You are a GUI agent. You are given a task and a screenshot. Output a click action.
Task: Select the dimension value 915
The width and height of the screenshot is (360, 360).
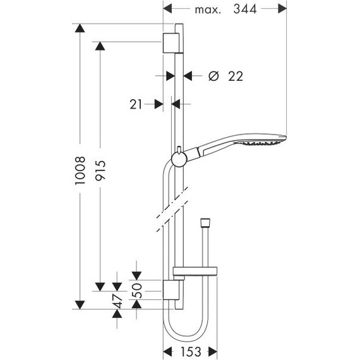[x=100, y=171]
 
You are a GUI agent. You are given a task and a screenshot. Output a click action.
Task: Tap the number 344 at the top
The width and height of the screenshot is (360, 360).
[x=249, y=9]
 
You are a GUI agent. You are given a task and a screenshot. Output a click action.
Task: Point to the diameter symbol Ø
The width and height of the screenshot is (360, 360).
[x=213, y=76]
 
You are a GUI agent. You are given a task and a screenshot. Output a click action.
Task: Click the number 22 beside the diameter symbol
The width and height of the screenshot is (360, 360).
[x=234, y=76]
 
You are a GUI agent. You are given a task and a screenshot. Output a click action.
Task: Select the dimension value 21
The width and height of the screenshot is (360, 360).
[x=135, y=103]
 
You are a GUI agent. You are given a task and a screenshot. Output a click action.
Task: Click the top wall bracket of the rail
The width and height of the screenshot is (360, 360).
[x=172, y=44]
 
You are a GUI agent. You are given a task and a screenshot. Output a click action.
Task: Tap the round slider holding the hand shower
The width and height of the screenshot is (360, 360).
[x=180, y=157]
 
